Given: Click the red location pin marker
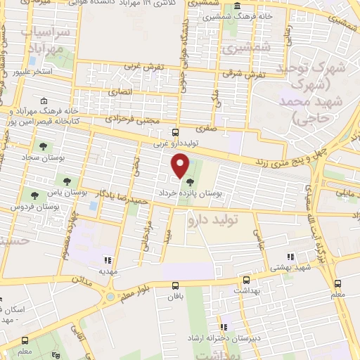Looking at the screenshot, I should (x=181, y=166).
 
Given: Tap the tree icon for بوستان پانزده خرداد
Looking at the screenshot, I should (x=190, y=182).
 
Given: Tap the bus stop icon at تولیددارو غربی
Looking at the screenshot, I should (x=175, y=132).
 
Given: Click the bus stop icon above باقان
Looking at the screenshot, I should (x=175, y=285).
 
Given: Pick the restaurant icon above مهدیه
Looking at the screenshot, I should (x=107, y=259).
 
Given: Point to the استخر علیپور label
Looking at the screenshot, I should (x=44, y=72).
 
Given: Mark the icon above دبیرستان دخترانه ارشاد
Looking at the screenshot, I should (x=224, y=326).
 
